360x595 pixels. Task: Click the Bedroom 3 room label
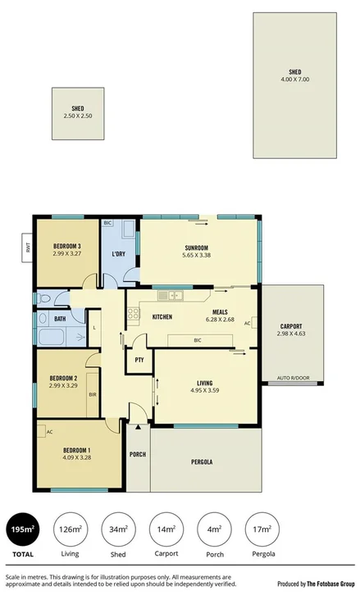point(67,246)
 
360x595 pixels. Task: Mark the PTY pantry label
point(139,359)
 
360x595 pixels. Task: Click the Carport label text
point(290,326)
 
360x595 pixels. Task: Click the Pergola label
point(203,462)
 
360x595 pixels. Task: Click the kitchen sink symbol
point(173,295)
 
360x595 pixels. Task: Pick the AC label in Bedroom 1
point(49,431)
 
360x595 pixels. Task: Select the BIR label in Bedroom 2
point(93,394)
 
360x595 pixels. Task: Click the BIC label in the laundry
point(107,223)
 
